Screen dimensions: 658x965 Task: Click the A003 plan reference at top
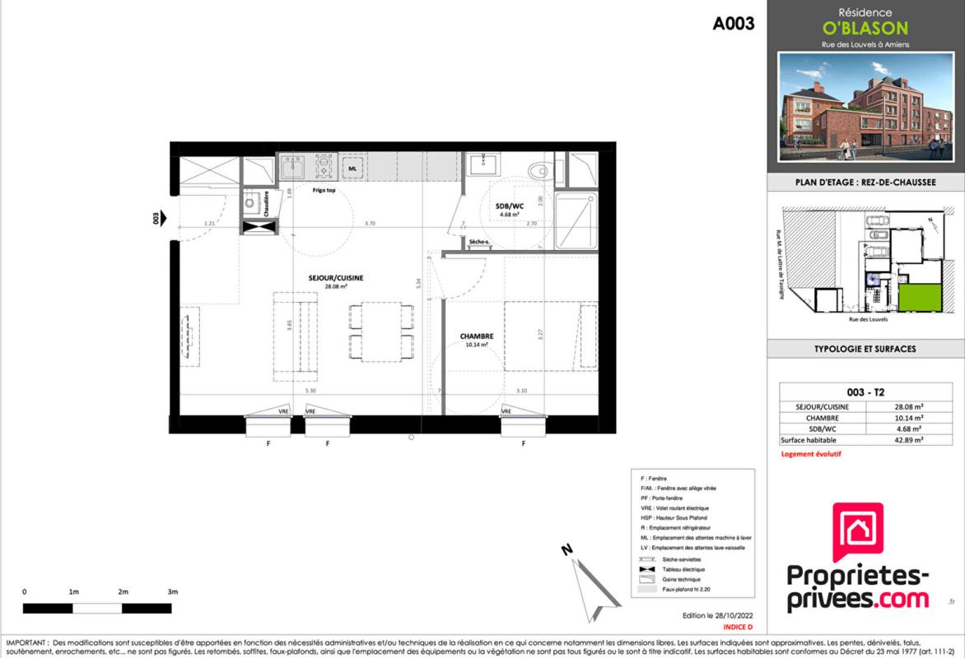[x=733, y=24]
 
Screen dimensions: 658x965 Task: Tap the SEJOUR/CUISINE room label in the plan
[x=335, y=278]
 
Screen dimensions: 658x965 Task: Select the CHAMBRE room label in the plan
[x=477, y=336]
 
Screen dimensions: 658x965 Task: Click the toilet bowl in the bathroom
[x=539, y=170]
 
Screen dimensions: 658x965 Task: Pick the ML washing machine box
[x=352, y=168]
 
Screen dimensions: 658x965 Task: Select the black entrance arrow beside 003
[x=163, y=218]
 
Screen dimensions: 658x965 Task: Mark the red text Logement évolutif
[x=810, y=454]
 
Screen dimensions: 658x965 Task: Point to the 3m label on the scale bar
[x=172, y=592]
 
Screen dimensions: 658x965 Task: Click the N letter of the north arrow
[x=566, y=549]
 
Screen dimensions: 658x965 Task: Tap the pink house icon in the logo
[x=858, y=533]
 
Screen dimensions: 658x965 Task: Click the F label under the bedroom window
[x=524, y=444]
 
